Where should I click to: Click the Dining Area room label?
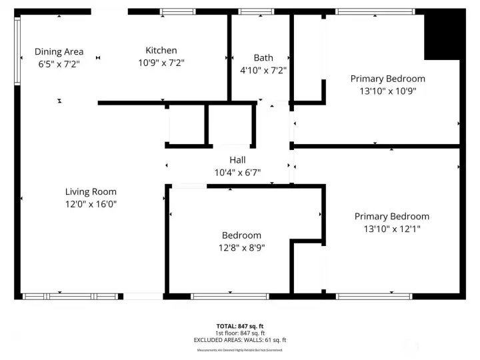point(59,51)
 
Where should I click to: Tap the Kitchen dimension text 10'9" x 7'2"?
point(161,63)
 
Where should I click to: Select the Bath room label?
point(263,57)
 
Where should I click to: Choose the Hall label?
point(237,160)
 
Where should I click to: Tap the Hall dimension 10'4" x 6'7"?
point(237,172)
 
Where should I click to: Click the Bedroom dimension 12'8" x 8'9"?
point(241,247)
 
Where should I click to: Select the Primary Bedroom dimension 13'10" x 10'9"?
point(387,91)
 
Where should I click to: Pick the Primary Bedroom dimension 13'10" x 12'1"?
point(391,229)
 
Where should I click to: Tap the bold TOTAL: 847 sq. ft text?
point(240,326)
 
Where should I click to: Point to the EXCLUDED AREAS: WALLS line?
point(240,340)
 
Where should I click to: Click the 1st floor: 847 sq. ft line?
point(240,333)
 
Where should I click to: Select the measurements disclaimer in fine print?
point(240,350)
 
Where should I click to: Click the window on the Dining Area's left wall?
point(17,50)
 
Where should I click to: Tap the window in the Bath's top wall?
point(256,11)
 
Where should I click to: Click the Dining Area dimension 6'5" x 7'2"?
point(59,64)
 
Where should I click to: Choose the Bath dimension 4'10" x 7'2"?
point(263,70)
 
